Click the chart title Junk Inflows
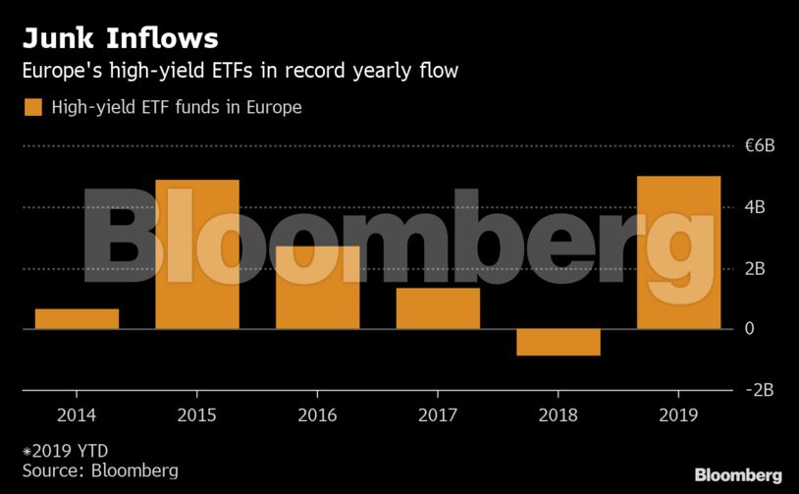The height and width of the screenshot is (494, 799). [120, 38]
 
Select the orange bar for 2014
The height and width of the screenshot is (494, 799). [77, 319]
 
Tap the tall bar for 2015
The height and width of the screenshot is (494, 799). [197, 254]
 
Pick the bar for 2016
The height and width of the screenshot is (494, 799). [317, 287]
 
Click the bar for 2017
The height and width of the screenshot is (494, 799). [438, 308]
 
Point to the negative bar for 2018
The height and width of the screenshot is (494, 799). [558, 342]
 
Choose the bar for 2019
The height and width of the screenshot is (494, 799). [678, 252]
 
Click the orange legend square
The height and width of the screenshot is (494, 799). [33, 107]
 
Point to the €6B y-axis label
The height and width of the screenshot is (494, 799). [760, 146]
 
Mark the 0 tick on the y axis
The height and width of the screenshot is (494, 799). [750, 329]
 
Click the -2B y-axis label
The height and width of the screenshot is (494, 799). [760, 390]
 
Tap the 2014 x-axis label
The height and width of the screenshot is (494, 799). [77, 415]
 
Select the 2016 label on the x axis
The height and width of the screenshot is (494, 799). [317, 415]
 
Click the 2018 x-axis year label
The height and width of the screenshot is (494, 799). [558, 415]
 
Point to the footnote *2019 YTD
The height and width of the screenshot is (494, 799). [65, 451]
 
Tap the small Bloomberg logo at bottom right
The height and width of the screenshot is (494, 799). [738, 475]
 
